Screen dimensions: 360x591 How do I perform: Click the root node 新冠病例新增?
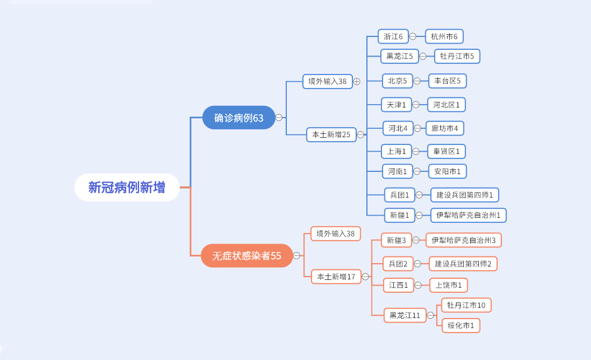[x=127, y=188]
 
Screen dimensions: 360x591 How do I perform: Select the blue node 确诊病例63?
[x=239, y=118]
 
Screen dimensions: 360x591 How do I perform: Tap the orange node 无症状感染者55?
[x=246, y=256]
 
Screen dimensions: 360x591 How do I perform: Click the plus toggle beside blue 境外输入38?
[x=356, y=81]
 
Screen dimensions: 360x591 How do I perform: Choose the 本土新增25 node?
[x=331, y=134]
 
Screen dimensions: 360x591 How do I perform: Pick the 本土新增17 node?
[x=336, y=277]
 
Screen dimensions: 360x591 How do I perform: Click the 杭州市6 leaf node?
[x=444, y=36]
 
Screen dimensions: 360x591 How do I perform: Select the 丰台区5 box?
[x=447, y=81]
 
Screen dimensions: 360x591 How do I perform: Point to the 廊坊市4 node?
[x=444, y=128]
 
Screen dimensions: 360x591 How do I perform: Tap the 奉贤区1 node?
[x=446, y=151]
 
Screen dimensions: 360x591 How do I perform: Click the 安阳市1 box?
[x=447, y=171]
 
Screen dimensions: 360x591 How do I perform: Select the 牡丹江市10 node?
[x=466, y=305]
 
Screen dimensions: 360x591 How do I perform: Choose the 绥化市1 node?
[x=460, y=325]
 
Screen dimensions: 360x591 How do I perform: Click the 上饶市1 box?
[x=448, y=285]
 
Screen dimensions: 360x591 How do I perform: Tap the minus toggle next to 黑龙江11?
[x=430, y=315]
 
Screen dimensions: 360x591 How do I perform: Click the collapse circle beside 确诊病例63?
[x=278, y=118]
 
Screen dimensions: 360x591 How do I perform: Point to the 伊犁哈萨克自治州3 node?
[x=463, y=240]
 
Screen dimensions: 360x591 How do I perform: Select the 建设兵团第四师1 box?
[x=465, y=195]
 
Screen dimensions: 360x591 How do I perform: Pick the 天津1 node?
[x=396, y=105]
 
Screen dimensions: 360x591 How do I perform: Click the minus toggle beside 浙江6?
[x=412, y=36]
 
